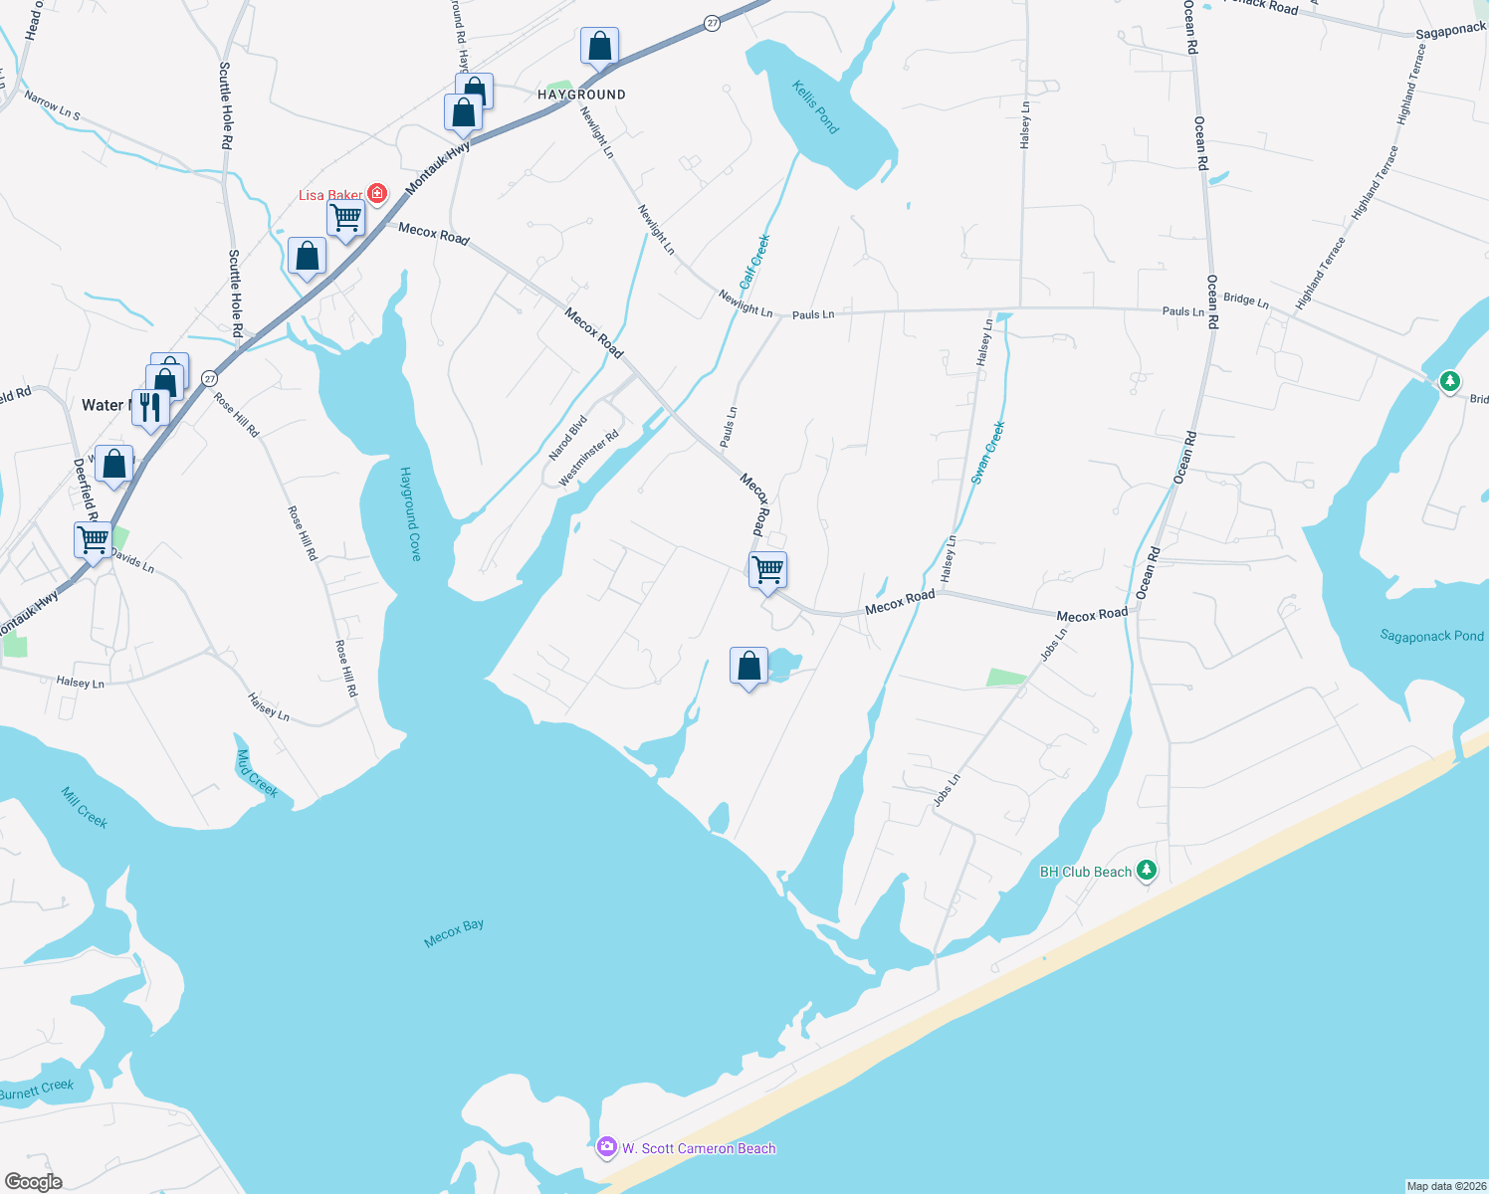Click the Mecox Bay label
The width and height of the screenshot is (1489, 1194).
(x=454, y=932)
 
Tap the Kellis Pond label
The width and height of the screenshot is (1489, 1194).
(x=815, y=107)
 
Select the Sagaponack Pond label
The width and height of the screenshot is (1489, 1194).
(x=1431, y=636)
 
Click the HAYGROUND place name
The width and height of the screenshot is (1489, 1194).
(x=581, y=95)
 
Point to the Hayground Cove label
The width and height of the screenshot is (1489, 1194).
(x=410, y=513)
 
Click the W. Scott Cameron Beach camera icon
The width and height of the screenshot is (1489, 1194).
(x=606, y=1148)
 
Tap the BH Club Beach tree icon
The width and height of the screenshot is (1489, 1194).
(x=1147, y=871)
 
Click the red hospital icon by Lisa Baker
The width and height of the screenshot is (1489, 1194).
(x=376, y=193)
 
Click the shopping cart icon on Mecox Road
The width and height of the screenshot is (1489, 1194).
(x=767, y=570)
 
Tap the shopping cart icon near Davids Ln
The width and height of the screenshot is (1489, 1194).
(x=94, y=540)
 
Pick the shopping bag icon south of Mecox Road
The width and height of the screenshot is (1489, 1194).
(x=748, y=666)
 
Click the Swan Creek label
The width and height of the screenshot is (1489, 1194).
(x=988, y=453)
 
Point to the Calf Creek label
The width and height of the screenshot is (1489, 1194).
(x=754, y=262)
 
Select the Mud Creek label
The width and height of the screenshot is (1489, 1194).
(x=257, y=774)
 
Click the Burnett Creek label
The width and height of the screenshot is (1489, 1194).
(x=37, y=1090)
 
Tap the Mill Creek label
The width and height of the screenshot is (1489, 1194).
(x=85, y=807)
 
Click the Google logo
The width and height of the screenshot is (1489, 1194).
(x=33, y=1181)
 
